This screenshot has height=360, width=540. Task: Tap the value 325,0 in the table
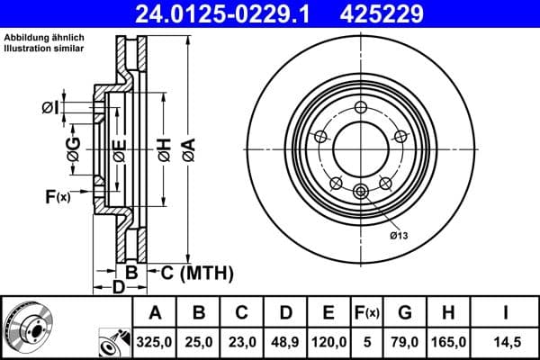point(156,341)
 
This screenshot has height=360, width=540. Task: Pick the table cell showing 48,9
point(285,341)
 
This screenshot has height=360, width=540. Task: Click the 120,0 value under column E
point(328,341)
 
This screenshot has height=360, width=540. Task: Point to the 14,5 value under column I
point(507,341)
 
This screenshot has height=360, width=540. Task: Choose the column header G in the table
point(405,313)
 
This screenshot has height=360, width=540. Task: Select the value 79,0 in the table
point(405,341)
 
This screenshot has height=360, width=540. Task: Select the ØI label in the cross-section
point(50,109)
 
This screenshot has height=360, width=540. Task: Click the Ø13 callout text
point(400,235)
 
